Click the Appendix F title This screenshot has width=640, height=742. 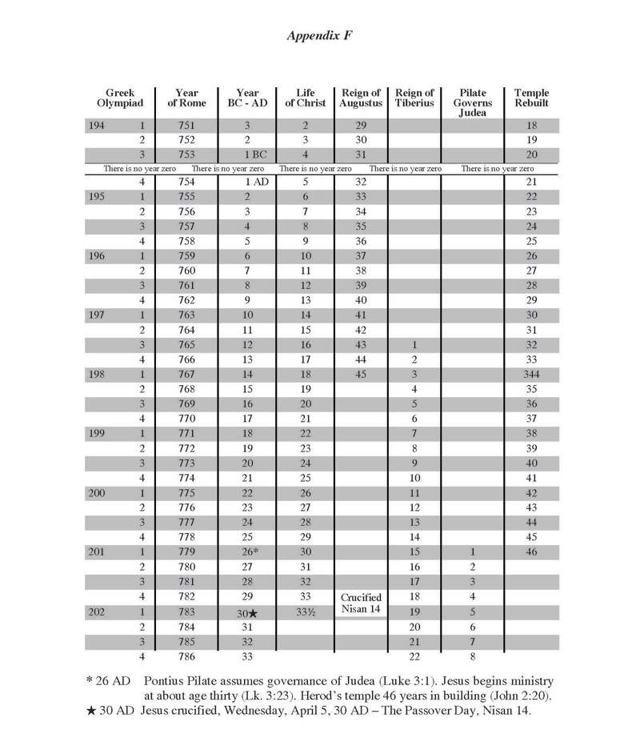[319, 35]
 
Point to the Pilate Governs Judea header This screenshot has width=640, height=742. [473, 102]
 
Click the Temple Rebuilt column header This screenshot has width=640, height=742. [531, 98]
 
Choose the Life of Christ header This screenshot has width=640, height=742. [306, 98]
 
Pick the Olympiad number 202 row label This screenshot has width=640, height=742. [97, 612]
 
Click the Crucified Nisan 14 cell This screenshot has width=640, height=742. [361, 604]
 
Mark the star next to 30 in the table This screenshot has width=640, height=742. [254, 612]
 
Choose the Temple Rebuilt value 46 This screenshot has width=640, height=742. [531, 552]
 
